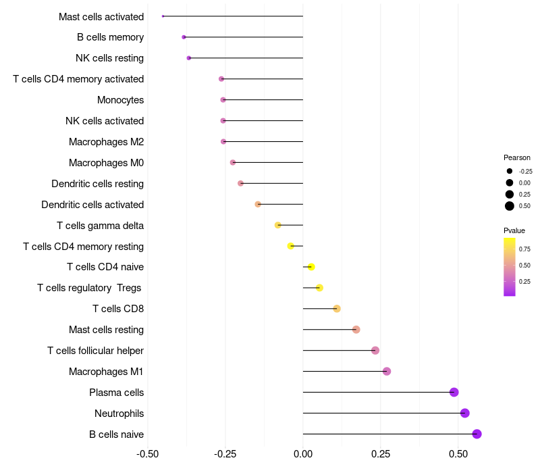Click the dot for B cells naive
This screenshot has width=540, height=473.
[x=477, y=434]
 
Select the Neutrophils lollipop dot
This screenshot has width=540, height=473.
[x=464, y=413]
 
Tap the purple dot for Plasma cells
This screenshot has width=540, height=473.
[x=454, y=392]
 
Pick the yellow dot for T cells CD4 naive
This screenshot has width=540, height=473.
[x=311, y=267]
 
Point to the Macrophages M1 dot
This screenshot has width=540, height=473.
[x=387, y=371]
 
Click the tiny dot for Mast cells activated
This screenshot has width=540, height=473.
[x=163, y=16]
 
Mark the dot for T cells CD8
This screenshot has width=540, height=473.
[x=337, y=309]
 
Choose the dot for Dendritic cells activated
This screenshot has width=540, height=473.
[x=258, y=204]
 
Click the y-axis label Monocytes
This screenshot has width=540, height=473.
[x=120, y=100]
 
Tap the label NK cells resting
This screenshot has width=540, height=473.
[x=109, y=58]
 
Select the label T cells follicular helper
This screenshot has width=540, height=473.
[x=95, y=351]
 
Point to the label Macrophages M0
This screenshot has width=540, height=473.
[x=106, y=163]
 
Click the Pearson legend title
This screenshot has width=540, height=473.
[x=517, y=157]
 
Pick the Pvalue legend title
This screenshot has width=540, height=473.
[x=514, y=230]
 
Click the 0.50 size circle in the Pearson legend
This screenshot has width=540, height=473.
[x=510, y=205]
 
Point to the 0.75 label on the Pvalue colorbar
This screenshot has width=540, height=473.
[x=524, y=249]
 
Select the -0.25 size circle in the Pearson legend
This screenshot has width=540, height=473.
[x=510, y=171]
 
